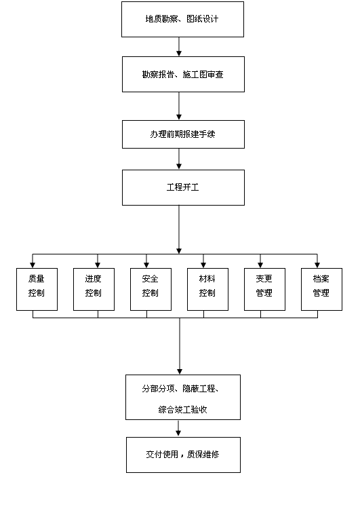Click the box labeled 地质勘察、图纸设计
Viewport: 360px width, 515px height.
tap(182, 20)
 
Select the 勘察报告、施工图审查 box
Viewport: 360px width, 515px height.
tap(183, 74)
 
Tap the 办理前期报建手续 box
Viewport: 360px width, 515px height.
tap(183, 134)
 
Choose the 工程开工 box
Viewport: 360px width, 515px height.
tap(183, 187)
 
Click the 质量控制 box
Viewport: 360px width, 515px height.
tap(37, 289)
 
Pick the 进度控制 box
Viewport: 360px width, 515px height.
tap(94, 289)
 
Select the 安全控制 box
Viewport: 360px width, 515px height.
tap(151, 289)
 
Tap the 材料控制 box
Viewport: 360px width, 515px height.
tap(207, 289)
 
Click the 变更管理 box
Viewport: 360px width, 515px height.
tap(264, 289)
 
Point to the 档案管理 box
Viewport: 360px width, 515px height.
tap(321, 289)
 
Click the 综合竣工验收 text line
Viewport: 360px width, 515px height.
tap(183, 410)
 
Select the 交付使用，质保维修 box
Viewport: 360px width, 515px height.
tap(183, 455)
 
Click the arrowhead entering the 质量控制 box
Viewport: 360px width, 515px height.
tap(33, 265)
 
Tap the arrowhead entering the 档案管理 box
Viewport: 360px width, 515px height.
tap(317, 265)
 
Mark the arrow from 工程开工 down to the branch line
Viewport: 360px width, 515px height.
tap(179, 229)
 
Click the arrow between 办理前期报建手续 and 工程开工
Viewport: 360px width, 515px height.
tap(179, 159)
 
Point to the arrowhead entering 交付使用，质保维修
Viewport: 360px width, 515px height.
tap(178, 433)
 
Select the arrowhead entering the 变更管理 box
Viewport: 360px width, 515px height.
tap(260, 265)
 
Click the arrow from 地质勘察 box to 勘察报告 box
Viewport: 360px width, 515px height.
tap(179, 47)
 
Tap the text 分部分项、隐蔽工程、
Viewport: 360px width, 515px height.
tap(180, 389)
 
